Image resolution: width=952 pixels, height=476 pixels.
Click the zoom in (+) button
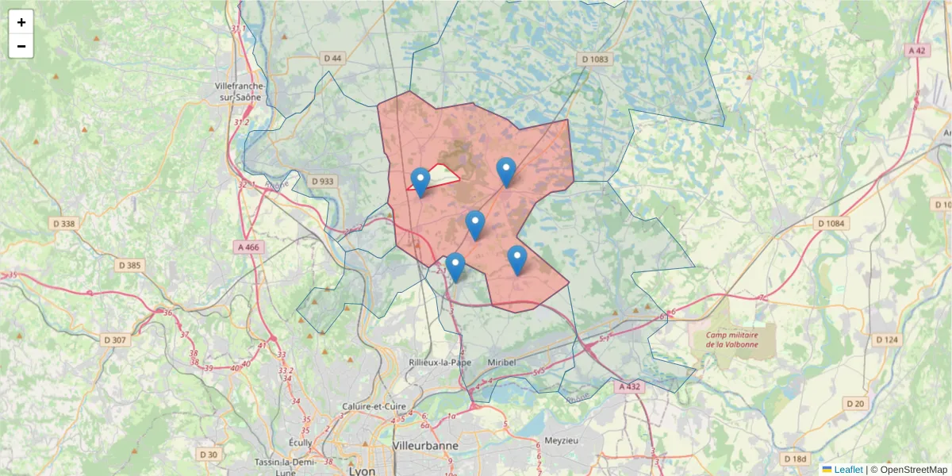tap(21, 22)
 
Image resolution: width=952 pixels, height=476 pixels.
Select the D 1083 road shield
tap(594, 59)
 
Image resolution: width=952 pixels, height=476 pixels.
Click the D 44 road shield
tap(333, 59)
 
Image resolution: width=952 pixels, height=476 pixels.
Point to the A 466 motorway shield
tap(248, 247)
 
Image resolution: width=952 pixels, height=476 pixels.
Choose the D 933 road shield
tap(323, 181)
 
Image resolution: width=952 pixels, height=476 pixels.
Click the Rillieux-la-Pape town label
tap(440, 362)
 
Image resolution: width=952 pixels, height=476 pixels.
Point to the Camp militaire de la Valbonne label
tap(731, 340)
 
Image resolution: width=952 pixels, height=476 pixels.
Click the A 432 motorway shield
tap(628, 386)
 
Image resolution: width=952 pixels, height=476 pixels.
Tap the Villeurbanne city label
tap(425, 446)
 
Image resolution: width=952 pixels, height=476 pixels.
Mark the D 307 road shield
tap(115, 340)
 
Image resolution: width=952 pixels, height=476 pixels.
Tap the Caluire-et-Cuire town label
tap(374, 407)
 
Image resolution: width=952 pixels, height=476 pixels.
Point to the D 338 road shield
tap(64, 224)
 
